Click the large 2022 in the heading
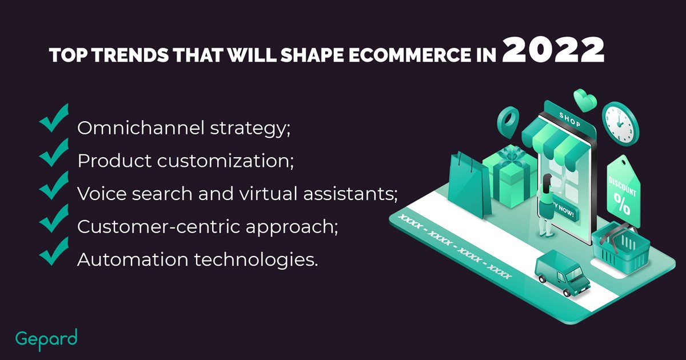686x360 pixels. point(553,50)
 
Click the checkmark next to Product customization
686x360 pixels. point(54,153)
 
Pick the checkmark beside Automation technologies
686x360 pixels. point(54,251)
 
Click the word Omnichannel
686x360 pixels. point(141,127)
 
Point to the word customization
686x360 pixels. point(225,161)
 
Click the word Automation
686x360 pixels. point(133,259)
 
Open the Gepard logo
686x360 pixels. point(46,340)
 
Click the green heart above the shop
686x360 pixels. point(585,100)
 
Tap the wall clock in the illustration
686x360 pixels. point(620,123)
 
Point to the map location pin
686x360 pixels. point(508,122)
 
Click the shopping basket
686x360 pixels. point(621,248)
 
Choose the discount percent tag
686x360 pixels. point(624,191)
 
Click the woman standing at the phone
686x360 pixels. point(547,205)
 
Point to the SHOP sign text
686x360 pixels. point(570,119)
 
